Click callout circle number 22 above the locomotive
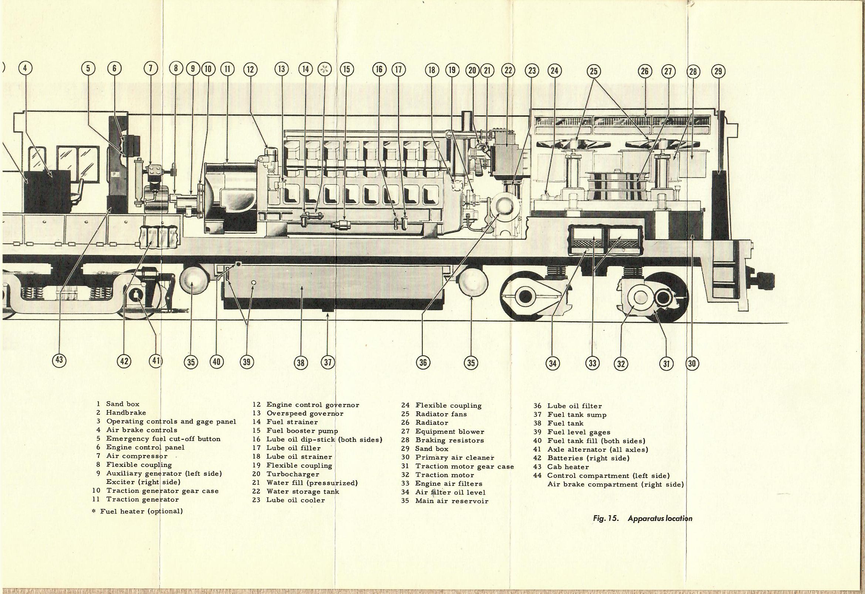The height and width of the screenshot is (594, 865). [508, 70]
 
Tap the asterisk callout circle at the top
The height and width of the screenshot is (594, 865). [324, 69]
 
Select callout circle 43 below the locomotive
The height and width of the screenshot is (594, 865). [60, 360]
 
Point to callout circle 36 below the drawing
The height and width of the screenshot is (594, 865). [423, 362]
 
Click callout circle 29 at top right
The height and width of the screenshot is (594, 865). [718, 71]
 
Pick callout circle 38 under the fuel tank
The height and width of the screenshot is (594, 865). [301, 362]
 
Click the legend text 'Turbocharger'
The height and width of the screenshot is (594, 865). [293, 474]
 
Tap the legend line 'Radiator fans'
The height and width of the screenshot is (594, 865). [441, 414]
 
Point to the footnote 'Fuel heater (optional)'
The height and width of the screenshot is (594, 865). [141, 511]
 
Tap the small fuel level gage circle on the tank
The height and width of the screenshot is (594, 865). [253, 283]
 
